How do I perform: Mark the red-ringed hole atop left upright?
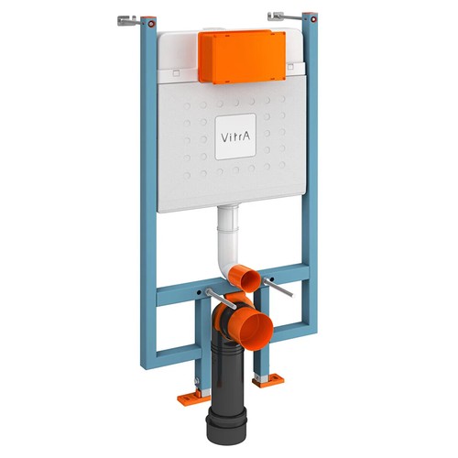pos(153,22)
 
